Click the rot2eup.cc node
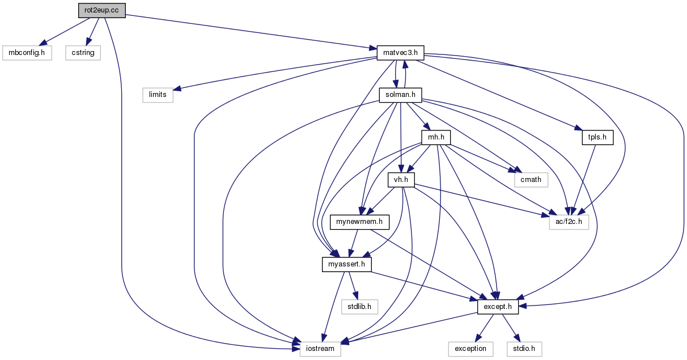point(102,10)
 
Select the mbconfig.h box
point(27,53)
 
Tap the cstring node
point(83,53)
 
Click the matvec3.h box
point(400,53)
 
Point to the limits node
point(158,95)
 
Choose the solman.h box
point(400,95)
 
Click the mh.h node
point(436,137)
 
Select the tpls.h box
point(597,137)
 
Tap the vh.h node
point(401,180)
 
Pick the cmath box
point(531,180)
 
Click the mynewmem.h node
point(359,222)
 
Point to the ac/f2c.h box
point(569,222)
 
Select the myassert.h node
point(346,264)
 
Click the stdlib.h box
point(359,307)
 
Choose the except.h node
point(498,307)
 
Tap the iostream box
point(320,349)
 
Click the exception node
point(470,349)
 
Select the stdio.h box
point(524,349)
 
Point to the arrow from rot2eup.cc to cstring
point(92,32)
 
